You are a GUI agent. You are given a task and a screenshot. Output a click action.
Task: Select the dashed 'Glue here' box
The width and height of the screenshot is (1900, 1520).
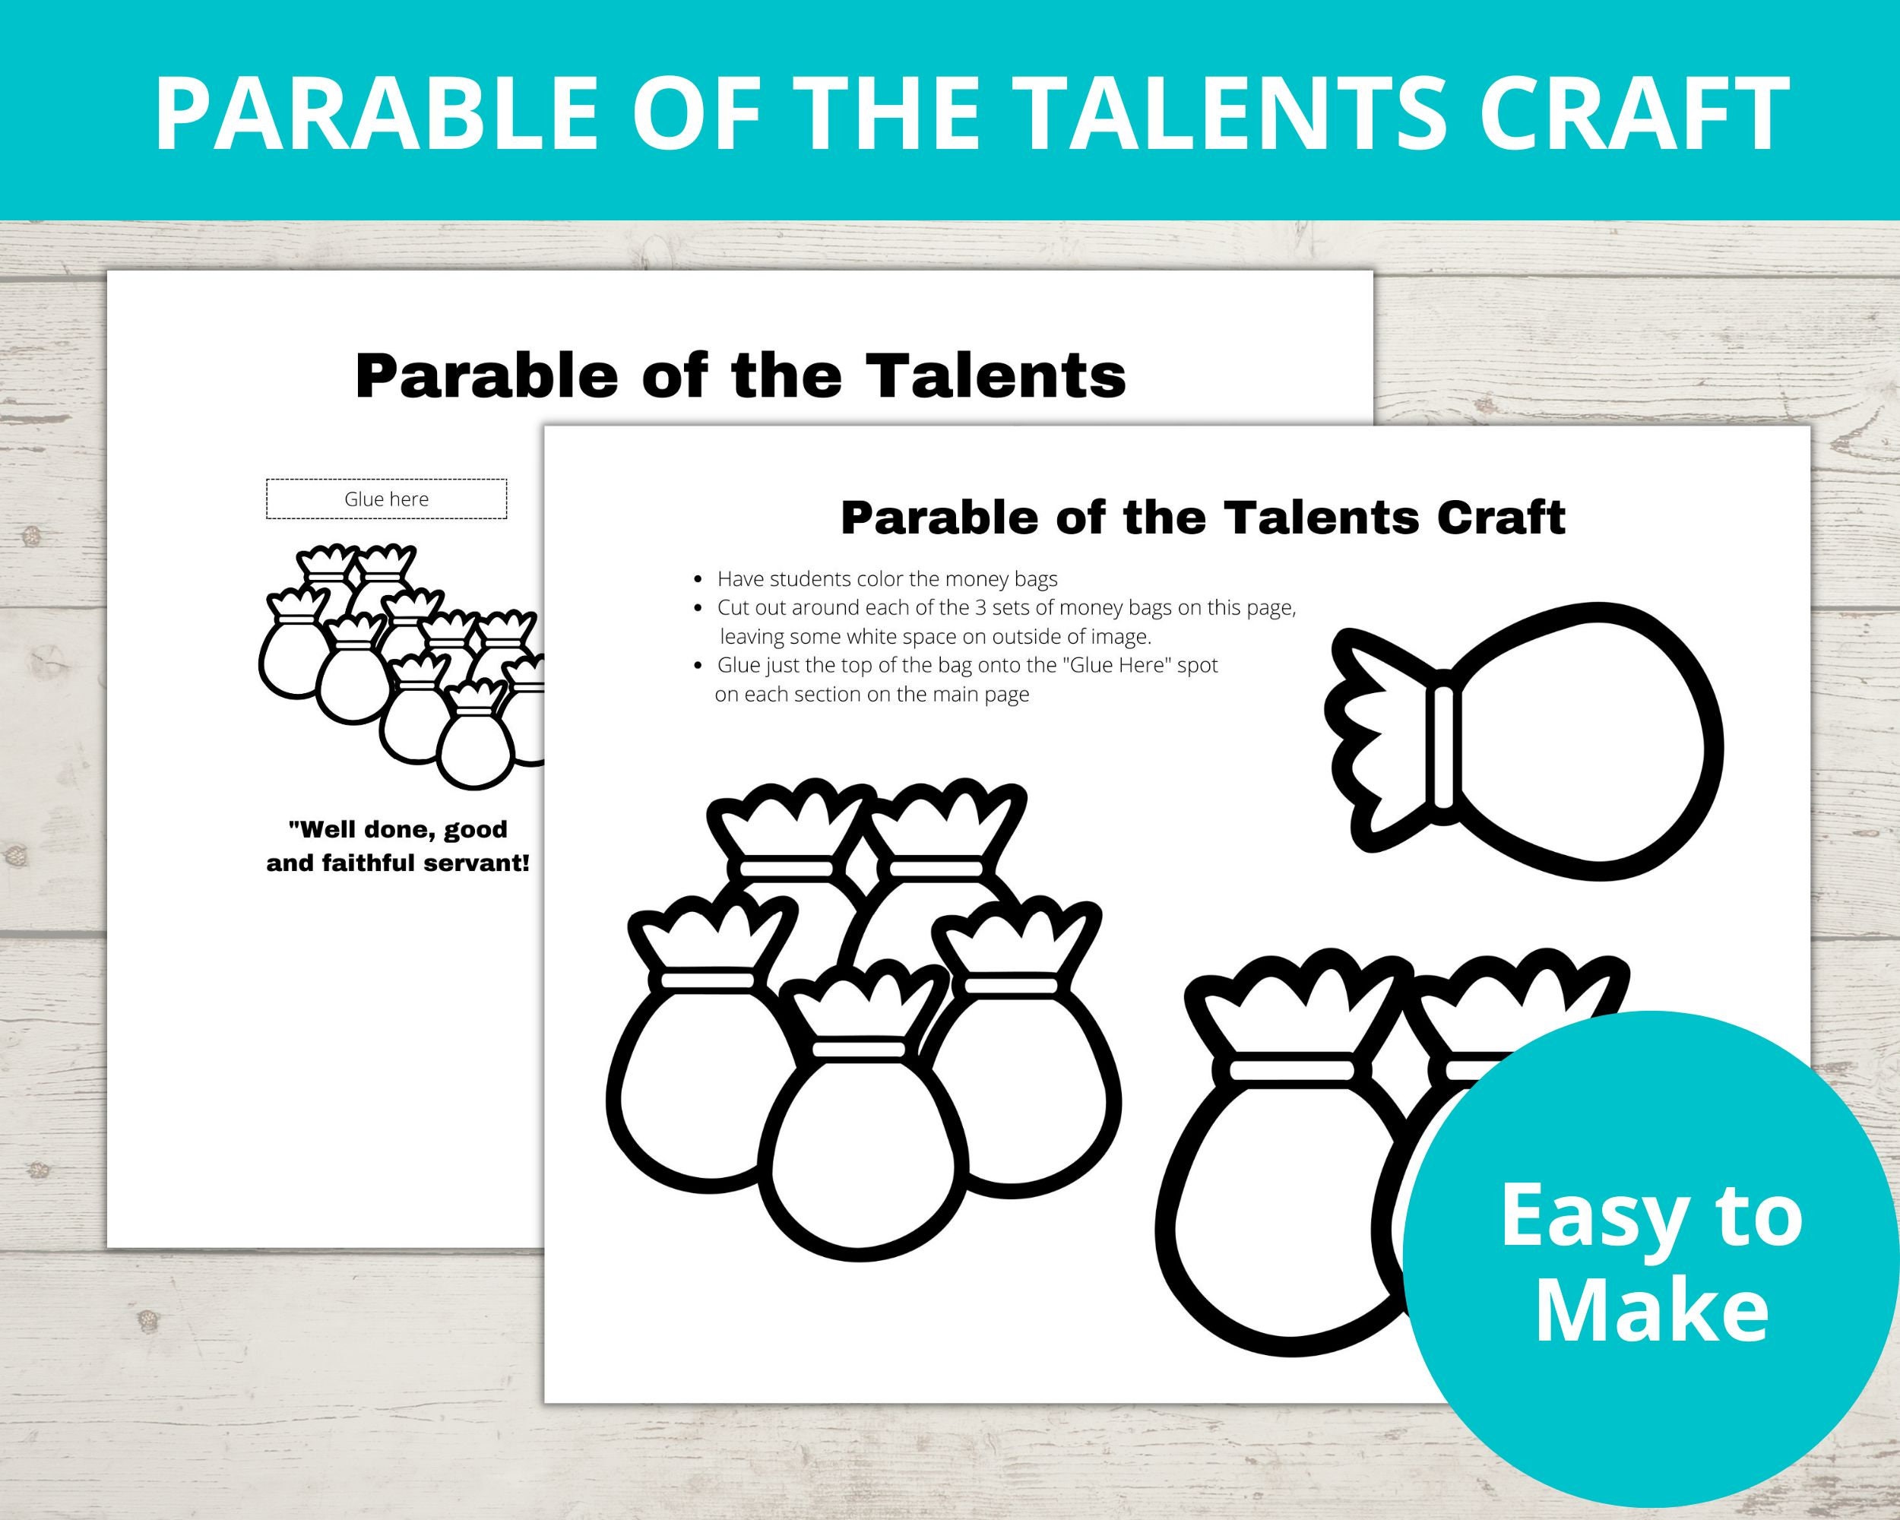386,499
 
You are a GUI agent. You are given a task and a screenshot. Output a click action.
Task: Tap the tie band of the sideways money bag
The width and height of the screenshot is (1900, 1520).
1443,749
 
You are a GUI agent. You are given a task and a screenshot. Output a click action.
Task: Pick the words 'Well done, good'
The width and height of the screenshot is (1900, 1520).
398,829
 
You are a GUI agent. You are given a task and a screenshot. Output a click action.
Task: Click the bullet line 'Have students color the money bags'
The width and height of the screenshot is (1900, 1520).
887,579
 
